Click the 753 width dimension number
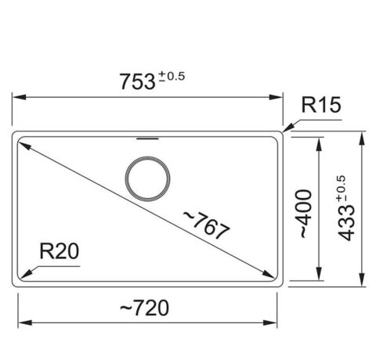pos(136,81)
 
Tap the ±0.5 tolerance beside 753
pos(172,75)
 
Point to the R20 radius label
pos(60,251)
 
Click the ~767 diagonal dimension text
pos(206,225)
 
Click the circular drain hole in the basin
pos(146,177)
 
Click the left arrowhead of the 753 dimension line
pos(17,98)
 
